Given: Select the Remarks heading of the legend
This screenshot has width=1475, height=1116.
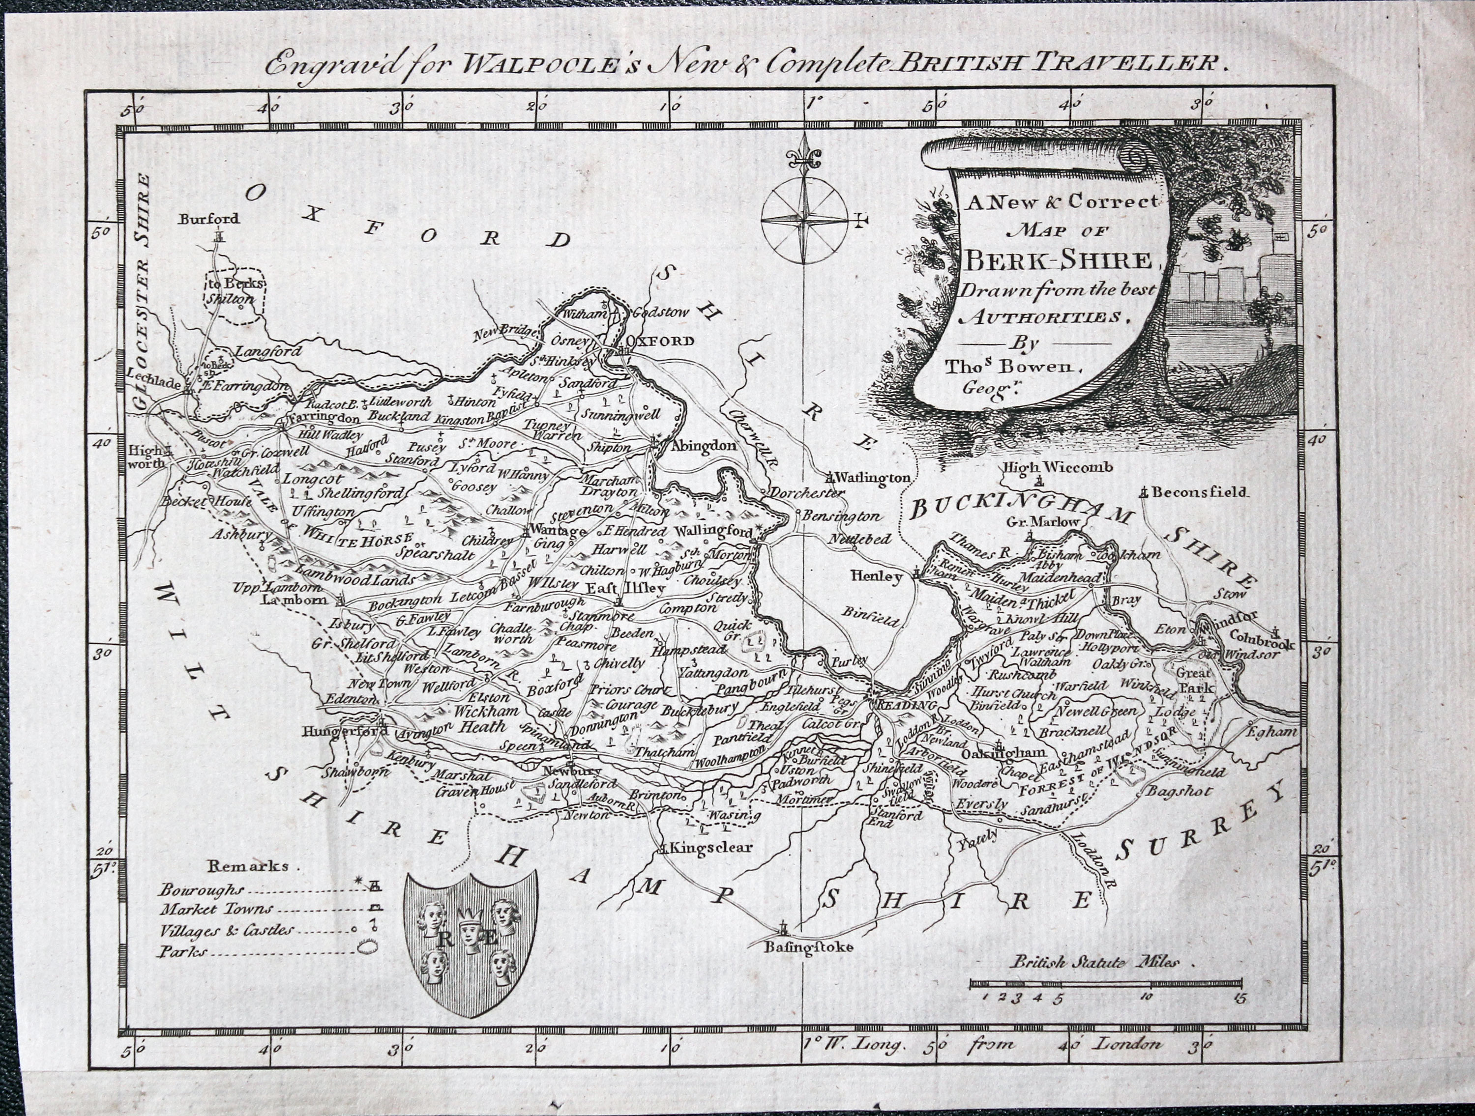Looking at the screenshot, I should [249, 866].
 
